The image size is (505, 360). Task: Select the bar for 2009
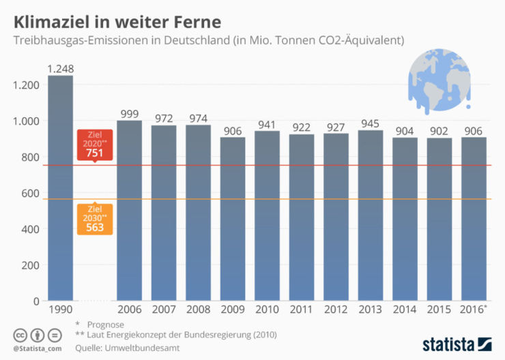[x=232, y=218]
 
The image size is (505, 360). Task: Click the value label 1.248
[x=60, y=68]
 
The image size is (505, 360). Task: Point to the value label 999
[x=129, y=114]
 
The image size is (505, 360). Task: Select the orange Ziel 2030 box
[x=95, y=217]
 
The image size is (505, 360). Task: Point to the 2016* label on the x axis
[x=474, y=310]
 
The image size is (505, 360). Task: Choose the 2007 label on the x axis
[x=163, y=310]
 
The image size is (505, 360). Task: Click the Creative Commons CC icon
[x=20, y=335]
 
